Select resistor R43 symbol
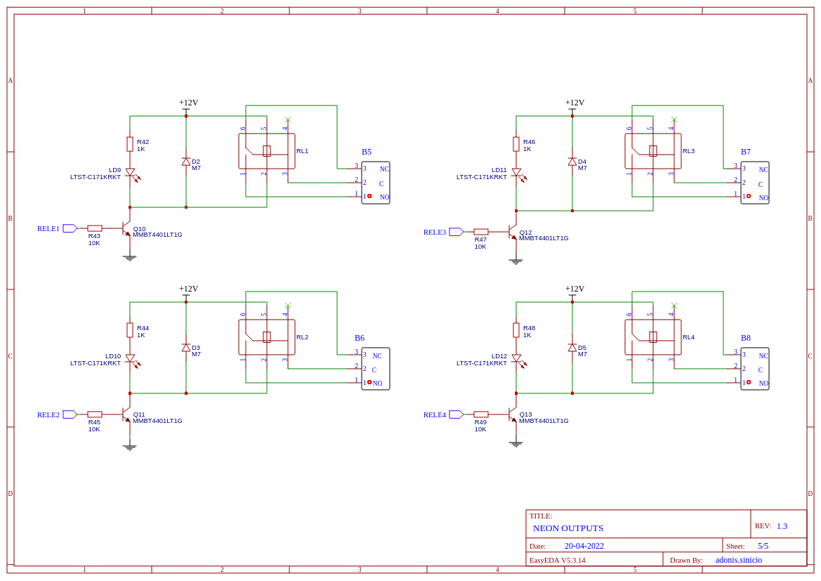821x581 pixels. point(95,228)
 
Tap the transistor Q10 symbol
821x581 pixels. point(126,228)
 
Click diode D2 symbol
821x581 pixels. point(186,162)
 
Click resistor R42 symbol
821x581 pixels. point(130,144)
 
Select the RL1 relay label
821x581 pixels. point(302,151)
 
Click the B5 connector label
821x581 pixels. point(367,152)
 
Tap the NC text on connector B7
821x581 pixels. point(763,170)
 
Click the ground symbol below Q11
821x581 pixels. point(130,447)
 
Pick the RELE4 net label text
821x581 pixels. point(435,415)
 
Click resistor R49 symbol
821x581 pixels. point(481,414)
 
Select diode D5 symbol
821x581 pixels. point(572,347)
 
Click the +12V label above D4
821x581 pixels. point(575,103)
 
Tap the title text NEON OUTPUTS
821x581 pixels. point(568,528)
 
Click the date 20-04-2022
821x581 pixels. point(584,546)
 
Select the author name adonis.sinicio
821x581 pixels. point(739,560)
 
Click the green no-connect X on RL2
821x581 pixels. point(287,306)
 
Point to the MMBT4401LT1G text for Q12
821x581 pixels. point(544,238)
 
